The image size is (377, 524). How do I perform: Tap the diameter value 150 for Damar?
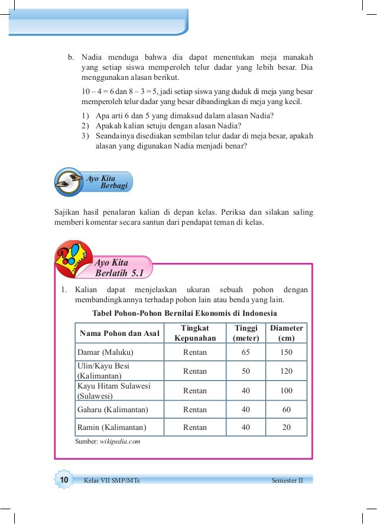287,352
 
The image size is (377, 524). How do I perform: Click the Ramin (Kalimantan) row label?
112,428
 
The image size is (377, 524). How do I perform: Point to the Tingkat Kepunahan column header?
195,333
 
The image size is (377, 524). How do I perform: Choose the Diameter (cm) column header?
287,333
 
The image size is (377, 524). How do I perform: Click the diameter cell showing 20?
287,428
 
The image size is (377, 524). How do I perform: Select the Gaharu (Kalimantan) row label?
113,409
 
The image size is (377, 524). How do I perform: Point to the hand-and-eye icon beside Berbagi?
70,180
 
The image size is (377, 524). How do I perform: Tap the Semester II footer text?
287,480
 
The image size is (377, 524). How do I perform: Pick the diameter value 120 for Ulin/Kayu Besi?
287,371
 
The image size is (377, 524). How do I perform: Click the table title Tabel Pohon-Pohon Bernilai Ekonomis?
185,313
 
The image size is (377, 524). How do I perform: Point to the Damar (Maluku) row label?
106,352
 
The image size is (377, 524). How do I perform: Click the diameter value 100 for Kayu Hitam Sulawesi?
287,390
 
